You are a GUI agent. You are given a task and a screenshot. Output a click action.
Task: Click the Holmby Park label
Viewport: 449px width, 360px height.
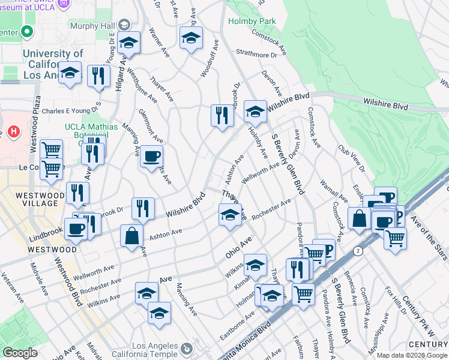click(x=252, y=21)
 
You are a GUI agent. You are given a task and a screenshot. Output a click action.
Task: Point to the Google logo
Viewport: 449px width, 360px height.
click(x=19, y=353)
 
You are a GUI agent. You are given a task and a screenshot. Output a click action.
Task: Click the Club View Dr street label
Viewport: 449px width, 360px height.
click(x=351, y=157)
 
